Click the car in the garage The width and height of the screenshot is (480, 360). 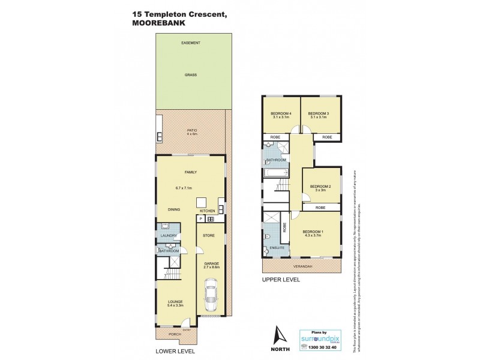click(211, 295)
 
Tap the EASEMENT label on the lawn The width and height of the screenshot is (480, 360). click(191, 43)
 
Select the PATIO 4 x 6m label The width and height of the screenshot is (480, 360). click(191, 133)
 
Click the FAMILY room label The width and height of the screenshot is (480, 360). click(191, 172)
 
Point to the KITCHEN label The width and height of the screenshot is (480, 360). click(207, 211)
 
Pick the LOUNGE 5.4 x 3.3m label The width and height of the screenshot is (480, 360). click(175, 304)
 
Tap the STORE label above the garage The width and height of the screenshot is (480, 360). click(209, 235)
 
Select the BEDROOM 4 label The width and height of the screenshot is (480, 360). click(281, 114)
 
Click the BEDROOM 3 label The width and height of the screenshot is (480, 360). click(318, 114)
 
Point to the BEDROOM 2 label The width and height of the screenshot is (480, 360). click(321, 187)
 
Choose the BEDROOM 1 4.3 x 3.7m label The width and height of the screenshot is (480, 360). click(314, 233)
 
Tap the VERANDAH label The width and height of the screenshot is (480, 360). click(302, 266)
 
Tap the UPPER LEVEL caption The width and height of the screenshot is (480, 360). click(280, 280)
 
